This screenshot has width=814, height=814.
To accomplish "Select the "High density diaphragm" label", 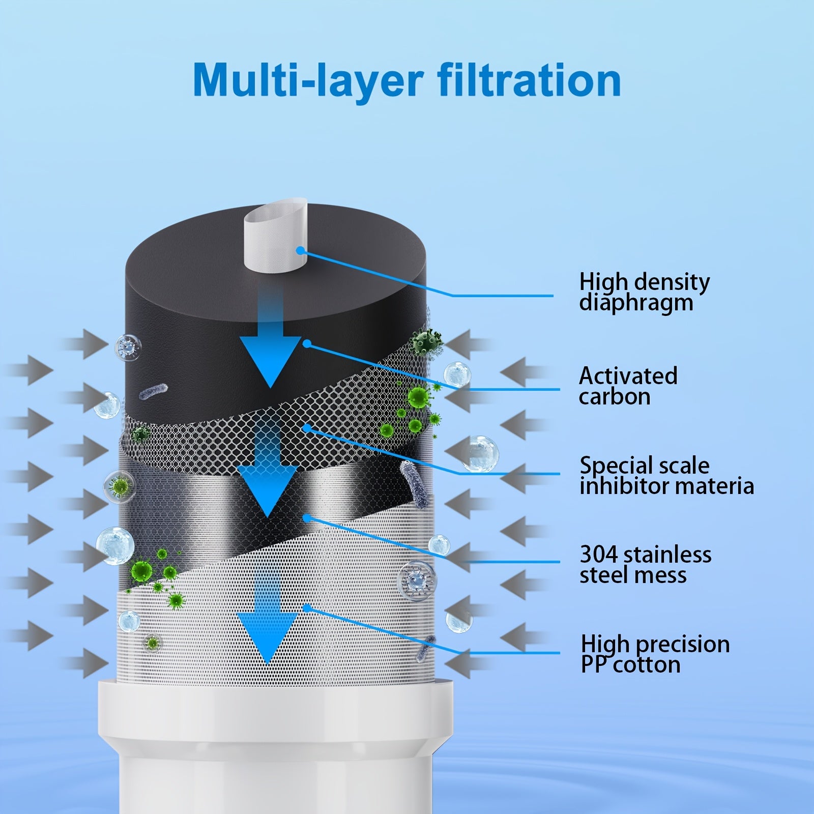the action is coord(644,292).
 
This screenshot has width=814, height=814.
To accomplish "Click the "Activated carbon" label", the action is coord(628,386).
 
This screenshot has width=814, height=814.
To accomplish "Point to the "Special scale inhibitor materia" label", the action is coord(666,476).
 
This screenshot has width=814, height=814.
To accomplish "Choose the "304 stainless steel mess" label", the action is coord(645,564).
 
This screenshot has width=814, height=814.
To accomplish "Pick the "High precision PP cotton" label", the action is coord(655,654).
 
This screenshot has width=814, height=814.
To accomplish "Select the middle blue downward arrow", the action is coord(267,468).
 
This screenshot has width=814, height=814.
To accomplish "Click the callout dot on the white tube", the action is coord(301,250).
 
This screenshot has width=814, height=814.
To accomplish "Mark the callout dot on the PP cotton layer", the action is coord(306,607).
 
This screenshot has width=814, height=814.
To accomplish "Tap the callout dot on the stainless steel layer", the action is coord(306,518).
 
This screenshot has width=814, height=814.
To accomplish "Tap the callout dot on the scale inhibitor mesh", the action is coord(306,428).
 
